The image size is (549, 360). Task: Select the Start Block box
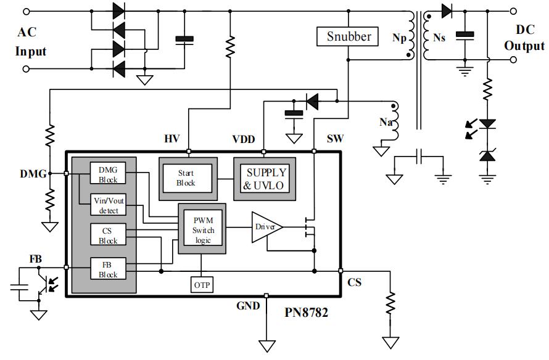tap(186, 178)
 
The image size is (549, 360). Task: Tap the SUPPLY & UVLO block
tap(266, 178)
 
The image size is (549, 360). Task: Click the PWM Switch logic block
tap(202, 229)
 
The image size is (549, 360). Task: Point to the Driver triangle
tap(264, 227)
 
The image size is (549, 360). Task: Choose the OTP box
tap(202, 285)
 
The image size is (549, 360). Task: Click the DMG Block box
tap(108, 174)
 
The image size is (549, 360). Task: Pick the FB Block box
tap(108, 269)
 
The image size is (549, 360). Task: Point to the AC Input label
tap(31, 42)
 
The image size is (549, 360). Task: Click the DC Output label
tap(524, 38)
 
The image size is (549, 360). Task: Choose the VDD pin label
tap(244, 139)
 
